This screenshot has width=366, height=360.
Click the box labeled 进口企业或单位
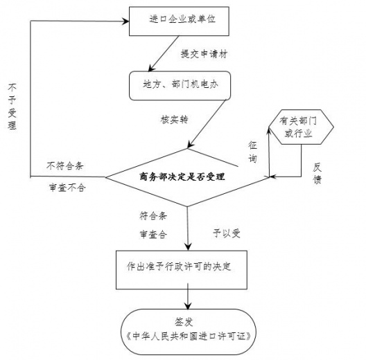pos(182,21)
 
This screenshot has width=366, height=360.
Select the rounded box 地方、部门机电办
pos(179,85)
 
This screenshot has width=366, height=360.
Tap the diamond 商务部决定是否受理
pos(187,177)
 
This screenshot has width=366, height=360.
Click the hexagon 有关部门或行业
pos(298,127)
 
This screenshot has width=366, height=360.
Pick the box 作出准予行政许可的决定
pos(188,267)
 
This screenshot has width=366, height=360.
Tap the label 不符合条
pos(66,165)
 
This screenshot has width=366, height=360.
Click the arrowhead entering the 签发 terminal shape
pos(188,305)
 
